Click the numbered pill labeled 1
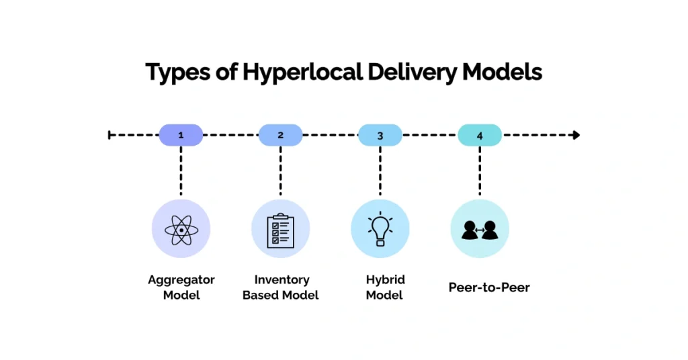pyautogui.click(x=181, y=135)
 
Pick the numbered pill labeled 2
pyautogui.click(x=280, y=135)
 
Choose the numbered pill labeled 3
pyautogui.click(x=380, y=135)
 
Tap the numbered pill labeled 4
pyautogui.click(x=480, y=135)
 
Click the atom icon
pyautogui.click(x=181, y=229)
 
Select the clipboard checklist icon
pyautogui.click(x=280, y=229)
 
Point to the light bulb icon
pyautogui.click(x=380, y=229)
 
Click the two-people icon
pyautogui.click(x=479, y=229)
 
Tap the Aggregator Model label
pyautogui.click(x=181, y=287)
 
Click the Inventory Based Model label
pyautogui.click(x=280, y=287)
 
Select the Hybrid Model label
pyautogui.click(x=385, y=287)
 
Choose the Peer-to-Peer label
pyautogui.click(x=489, y=287)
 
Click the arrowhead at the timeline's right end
pyautogui.click(x=576, y=135)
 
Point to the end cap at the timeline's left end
pyautogui.click(x=110, y=135)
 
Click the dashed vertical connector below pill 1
pyautogui.click(x=181, y=171)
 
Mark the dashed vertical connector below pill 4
pyautogui.click(x=480, y=171)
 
